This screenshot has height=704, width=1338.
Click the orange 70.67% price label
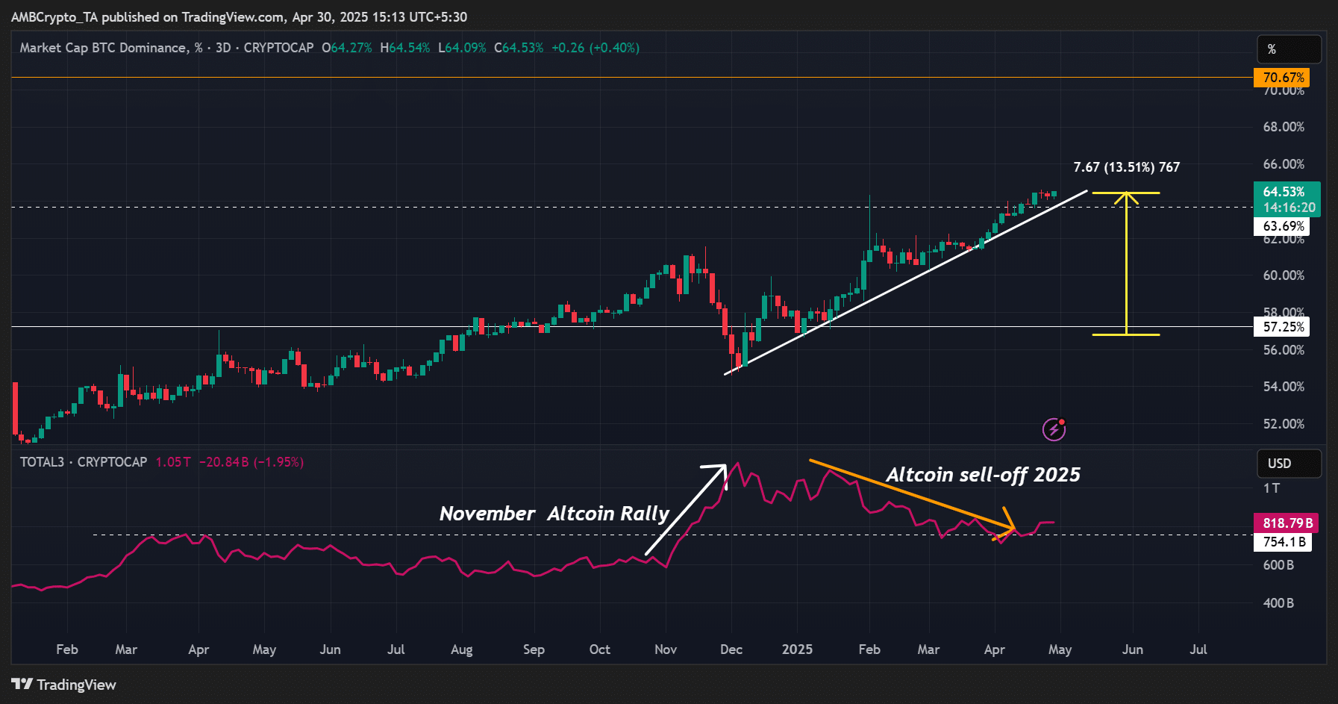[x=1281, y=78]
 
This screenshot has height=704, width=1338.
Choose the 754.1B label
[x=1284, y=542]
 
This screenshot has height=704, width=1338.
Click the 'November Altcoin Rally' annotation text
[x=554, y=514]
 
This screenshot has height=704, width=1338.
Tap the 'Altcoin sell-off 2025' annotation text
[x=983, y=475]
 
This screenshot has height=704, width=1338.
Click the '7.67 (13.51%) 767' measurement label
[x=1126, y=167]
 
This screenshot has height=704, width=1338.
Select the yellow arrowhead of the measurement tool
[x=1126, y=198]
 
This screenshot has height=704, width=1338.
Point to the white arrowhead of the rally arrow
[x=719, y=471]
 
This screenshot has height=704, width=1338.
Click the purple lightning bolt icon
[x=1054, y=429]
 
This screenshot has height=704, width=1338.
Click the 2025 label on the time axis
[x=797, y=650]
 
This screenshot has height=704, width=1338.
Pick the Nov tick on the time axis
[x=666, y=650]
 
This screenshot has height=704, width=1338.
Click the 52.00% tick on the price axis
[x=1284, y=424]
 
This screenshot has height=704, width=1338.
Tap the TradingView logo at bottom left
[x=64, y=685]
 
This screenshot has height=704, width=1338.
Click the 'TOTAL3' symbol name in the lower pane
[x=42, y=462]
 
